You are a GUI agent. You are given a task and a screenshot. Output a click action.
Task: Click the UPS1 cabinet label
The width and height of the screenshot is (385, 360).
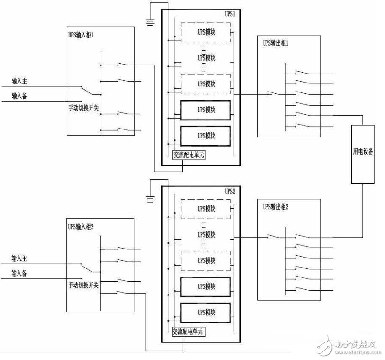(x=230, y=14)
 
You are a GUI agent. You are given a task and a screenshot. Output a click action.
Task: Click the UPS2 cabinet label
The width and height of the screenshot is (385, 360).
(x=230, y=191)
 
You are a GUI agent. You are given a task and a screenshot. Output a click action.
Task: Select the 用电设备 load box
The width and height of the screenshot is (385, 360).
(x=363, y=154)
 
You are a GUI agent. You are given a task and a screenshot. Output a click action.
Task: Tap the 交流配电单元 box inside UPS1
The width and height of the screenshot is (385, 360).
(x=189, y=155)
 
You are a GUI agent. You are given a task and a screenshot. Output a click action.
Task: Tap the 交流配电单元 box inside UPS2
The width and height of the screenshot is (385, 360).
(x=189, y=332)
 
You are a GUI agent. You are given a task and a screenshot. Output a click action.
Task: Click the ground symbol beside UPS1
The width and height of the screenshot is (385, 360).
(x=150, y=23)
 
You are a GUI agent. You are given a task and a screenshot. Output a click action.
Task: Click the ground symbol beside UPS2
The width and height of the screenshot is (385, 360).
(x=150, y=199)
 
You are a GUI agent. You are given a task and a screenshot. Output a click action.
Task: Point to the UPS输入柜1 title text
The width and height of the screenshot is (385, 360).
(x=81, y=35)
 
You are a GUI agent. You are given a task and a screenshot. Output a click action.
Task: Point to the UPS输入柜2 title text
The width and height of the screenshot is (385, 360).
(x=81, y=226)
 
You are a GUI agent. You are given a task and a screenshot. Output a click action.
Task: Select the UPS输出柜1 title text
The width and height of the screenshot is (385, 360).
(x=275, y=43)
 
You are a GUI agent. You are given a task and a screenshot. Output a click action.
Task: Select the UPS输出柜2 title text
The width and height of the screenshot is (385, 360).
(x=275, y=207)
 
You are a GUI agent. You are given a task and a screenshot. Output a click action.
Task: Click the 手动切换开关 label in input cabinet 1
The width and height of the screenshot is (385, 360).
(x=83, y=108)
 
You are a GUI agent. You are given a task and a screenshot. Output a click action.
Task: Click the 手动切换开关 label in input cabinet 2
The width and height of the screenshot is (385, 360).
(x=83, y=285)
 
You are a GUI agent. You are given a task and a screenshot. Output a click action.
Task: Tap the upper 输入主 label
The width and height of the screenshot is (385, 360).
(x=19, y=81)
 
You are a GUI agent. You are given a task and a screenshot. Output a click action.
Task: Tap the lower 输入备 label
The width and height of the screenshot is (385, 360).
(x=19, y=273)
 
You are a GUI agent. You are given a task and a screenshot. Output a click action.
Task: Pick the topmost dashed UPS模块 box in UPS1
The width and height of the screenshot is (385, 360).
(x=206, y=32)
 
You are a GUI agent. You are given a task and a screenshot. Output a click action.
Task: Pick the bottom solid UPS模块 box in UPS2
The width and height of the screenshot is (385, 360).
(x=205, y=313)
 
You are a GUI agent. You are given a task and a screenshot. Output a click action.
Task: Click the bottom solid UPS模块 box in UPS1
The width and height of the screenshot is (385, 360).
(x=205, y=136)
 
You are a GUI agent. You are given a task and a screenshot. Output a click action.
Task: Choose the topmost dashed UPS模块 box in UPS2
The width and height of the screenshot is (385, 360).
(x=206, y=209)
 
